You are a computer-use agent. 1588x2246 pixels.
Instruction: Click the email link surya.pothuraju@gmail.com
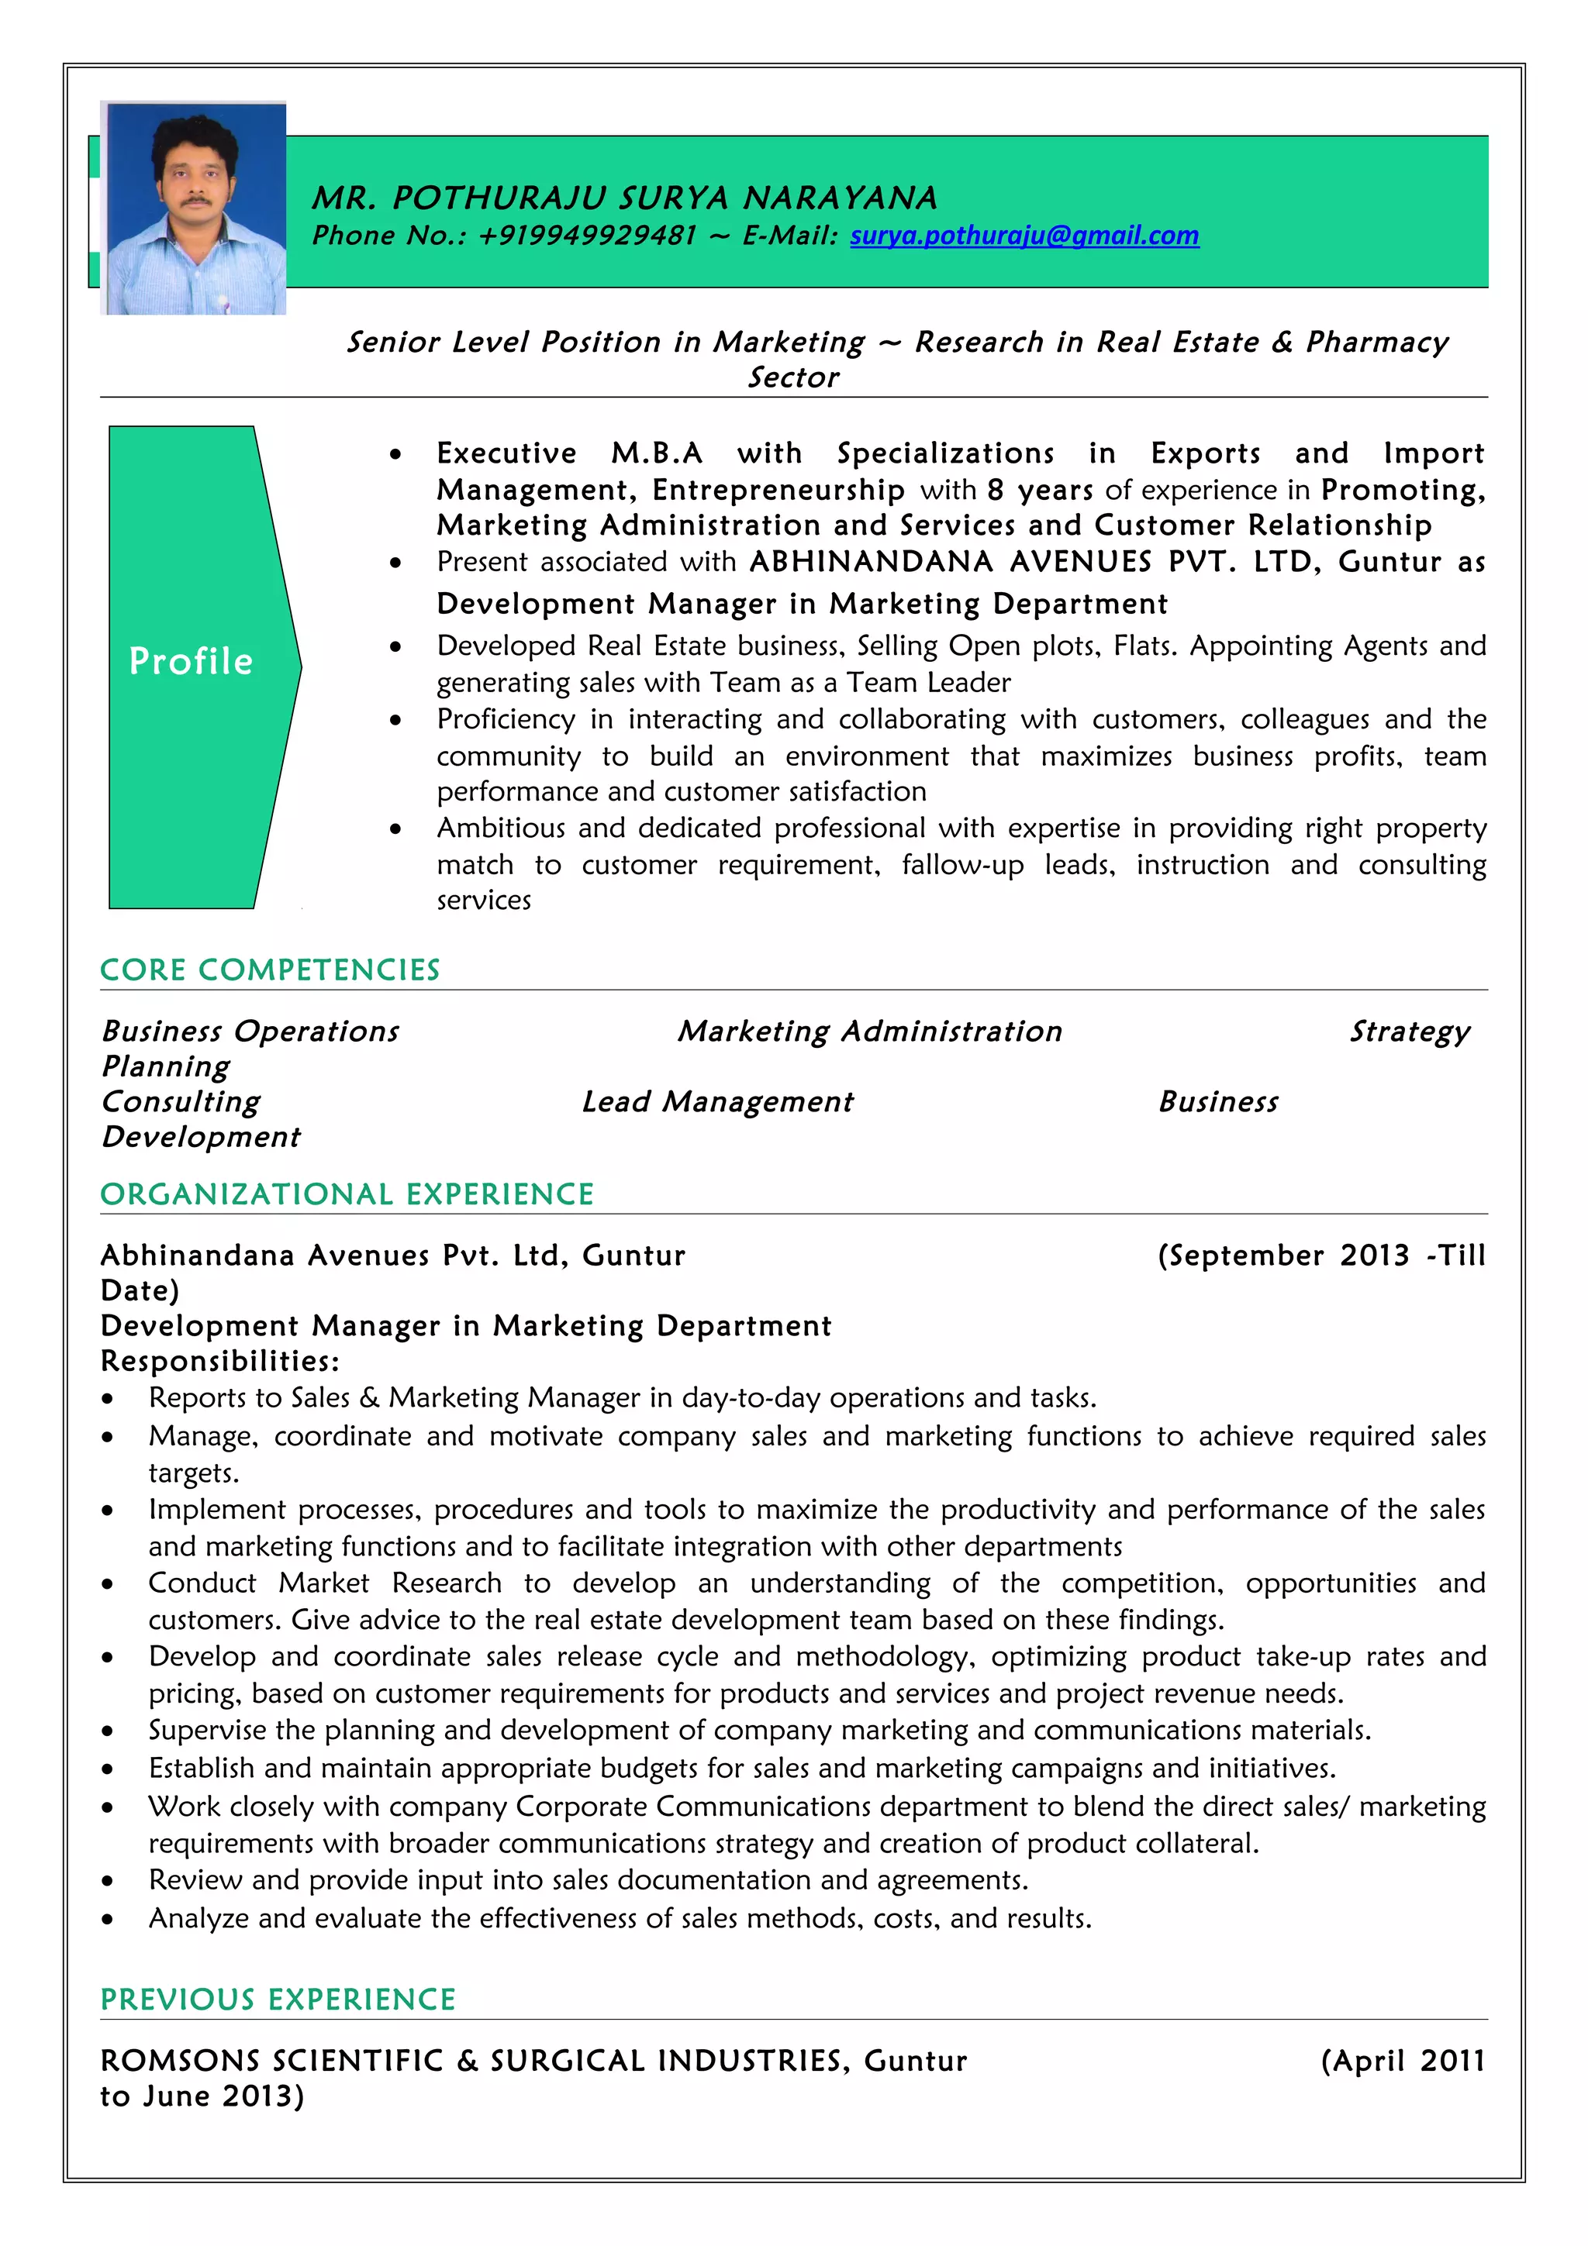tap(1024, 236)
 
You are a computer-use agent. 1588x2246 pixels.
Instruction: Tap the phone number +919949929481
tap(587, 236)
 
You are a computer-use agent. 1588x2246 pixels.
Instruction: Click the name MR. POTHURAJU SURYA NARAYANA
tap(624, 198)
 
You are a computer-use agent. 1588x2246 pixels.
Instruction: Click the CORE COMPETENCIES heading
tap(270, 970)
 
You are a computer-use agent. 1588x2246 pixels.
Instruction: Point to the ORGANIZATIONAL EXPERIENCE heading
tap(347, 1194)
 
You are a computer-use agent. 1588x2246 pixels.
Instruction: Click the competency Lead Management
tap(717, 1101)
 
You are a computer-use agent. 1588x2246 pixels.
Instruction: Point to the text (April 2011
tap(1402, 2060)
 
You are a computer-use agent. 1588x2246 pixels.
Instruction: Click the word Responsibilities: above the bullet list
tap(220, 1361)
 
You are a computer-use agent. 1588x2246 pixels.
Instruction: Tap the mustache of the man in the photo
tap(198, 202)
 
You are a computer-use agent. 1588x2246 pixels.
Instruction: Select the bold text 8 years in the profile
tap(1039, 490)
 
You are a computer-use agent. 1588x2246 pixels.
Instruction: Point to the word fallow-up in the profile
tap(961, 865)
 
